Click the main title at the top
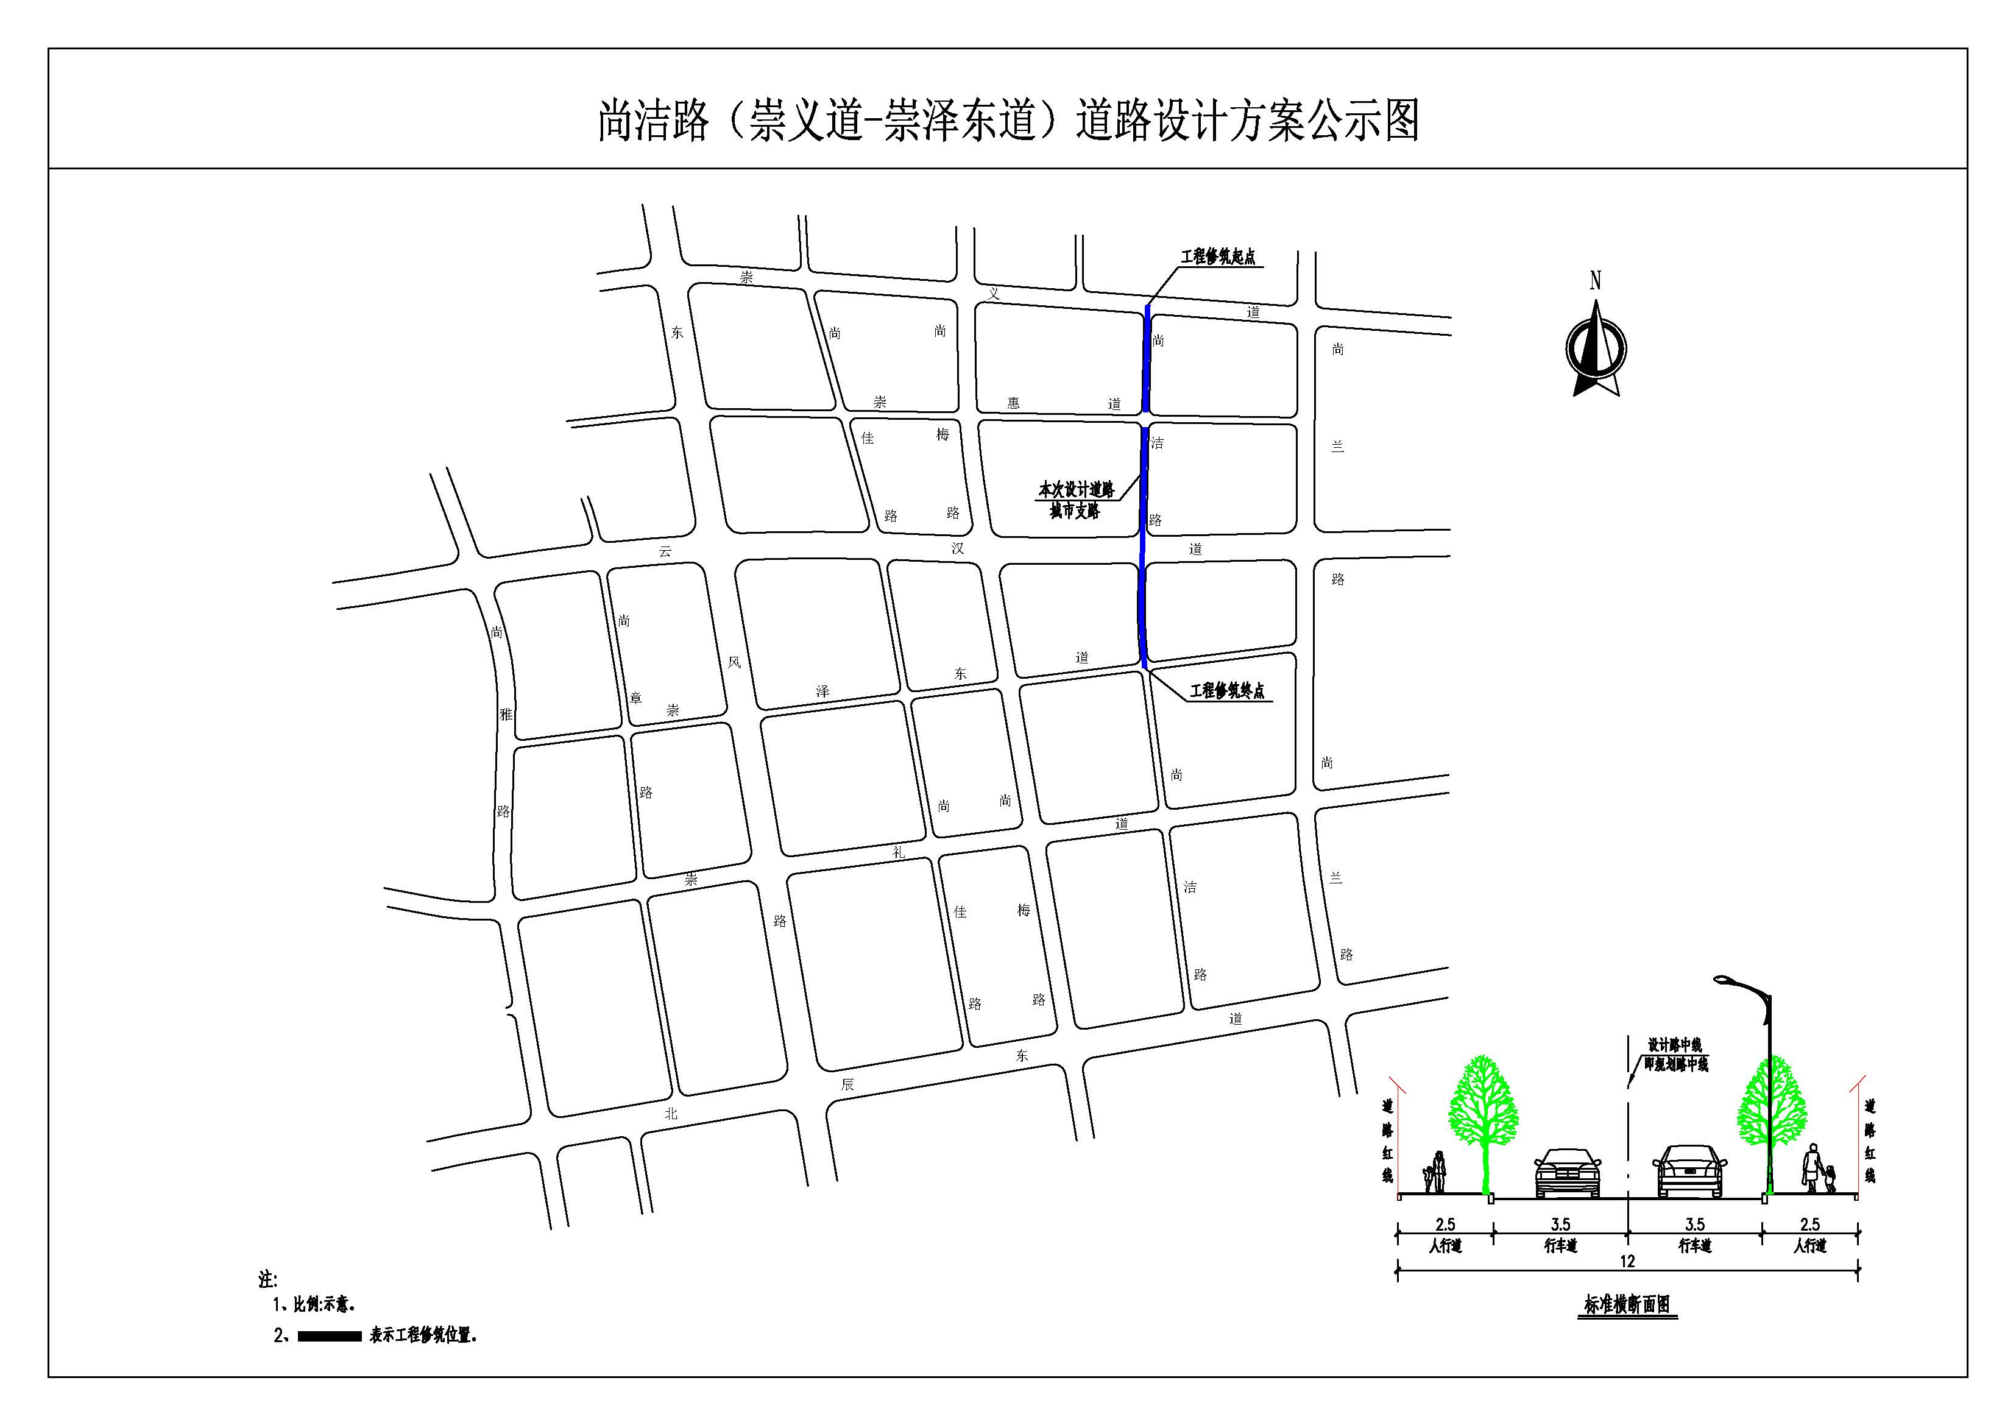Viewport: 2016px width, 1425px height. pyautogui.click(x=1008, y=120)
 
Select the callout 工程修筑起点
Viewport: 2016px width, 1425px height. pyautogui.click(x=1218, y=257)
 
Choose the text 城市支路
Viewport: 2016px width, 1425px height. pyautogui.click(x=1075, y=511)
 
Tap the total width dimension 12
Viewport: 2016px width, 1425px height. pyautogui.click(x=1627, y=1262)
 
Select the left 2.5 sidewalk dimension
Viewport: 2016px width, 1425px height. pyautogui.click(x=1445, y=1224)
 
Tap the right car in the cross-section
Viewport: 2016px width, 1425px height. pyautogui.click(x=1689, y=1172)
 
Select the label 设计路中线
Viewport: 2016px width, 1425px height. pyautogui.click(x=1674, y=1045)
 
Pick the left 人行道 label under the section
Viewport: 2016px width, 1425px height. pyautogui.click(x=1445, y=1246)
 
